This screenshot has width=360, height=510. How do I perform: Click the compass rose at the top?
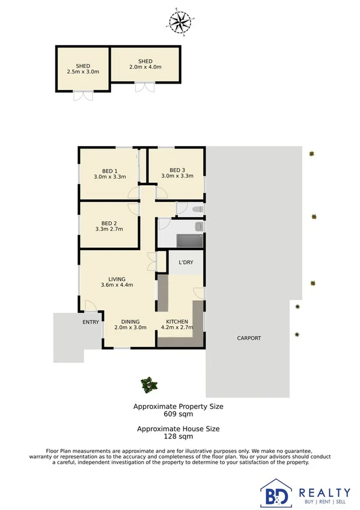point(180,22)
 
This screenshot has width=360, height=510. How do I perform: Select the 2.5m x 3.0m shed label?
point(83,69)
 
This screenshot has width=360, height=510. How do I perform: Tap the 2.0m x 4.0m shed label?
point(145,64)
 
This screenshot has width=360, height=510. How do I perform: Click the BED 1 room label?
point(109,174)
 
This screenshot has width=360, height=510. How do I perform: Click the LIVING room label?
point(117,282)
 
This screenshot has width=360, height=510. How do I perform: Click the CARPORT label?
point(249,338)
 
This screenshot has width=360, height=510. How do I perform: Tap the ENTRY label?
point(91,322)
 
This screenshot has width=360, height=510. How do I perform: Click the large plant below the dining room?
point(148,383)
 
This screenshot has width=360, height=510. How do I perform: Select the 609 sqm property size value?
point(178,414)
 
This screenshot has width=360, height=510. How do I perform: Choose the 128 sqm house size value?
point(178,437)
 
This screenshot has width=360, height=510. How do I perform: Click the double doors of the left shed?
point(83,95)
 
